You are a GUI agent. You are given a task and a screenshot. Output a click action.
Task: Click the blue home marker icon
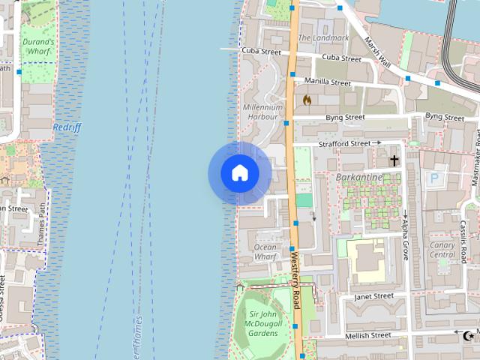point(240,173)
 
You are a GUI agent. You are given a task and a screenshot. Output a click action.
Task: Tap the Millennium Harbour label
point(262,112)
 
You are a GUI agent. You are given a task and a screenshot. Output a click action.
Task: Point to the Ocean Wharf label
point(265,252)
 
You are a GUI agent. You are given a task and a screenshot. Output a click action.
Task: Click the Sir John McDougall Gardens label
point(265,323)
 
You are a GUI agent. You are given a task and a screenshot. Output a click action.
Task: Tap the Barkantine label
point(361,178)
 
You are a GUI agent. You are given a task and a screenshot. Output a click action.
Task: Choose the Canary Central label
point(442,250)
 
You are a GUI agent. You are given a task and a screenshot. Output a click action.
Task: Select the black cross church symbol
point(394,160)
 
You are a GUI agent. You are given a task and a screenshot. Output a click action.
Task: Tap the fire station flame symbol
point(307,99)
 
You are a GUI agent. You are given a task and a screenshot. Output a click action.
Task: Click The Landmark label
point(323,37)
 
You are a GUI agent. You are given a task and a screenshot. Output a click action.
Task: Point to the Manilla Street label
point(328,82)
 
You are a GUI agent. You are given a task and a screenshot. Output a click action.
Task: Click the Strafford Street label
point(345,142)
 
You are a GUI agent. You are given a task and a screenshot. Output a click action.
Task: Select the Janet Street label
point(373,296)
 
